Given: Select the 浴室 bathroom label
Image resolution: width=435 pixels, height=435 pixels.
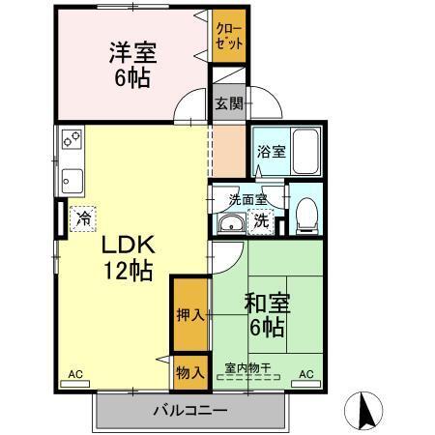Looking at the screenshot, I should click(x=270, y=152).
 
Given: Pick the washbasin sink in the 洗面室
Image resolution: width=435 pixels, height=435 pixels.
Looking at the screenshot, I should click(x=232, y=224).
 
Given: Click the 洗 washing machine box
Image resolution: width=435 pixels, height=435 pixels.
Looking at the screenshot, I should click(x=261, y=221).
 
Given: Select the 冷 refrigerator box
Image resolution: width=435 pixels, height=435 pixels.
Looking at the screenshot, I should click(x=82, y=217).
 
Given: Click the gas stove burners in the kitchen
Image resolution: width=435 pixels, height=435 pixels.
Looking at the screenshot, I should click(x=72, y=141).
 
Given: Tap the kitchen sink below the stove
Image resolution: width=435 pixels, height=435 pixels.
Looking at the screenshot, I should click(x=72, y=178).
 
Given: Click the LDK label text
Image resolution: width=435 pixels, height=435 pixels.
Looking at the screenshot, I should click(x=124, y=244).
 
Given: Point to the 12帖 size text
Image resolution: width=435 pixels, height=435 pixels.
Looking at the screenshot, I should click(x=129, y=272).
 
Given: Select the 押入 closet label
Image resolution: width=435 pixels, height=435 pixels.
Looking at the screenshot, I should click(x=190, y=314).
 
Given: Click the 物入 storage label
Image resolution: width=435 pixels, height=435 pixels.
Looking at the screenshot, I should click(x=190, y=371).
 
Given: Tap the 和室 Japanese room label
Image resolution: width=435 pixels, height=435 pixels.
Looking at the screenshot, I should click(x=263, y=303).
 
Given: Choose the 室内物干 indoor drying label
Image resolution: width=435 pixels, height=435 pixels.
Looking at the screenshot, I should click(x=247, y=366).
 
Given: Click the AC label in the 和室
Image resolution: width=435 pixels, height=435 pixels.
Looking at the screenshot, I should click(x=305, y=373).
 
